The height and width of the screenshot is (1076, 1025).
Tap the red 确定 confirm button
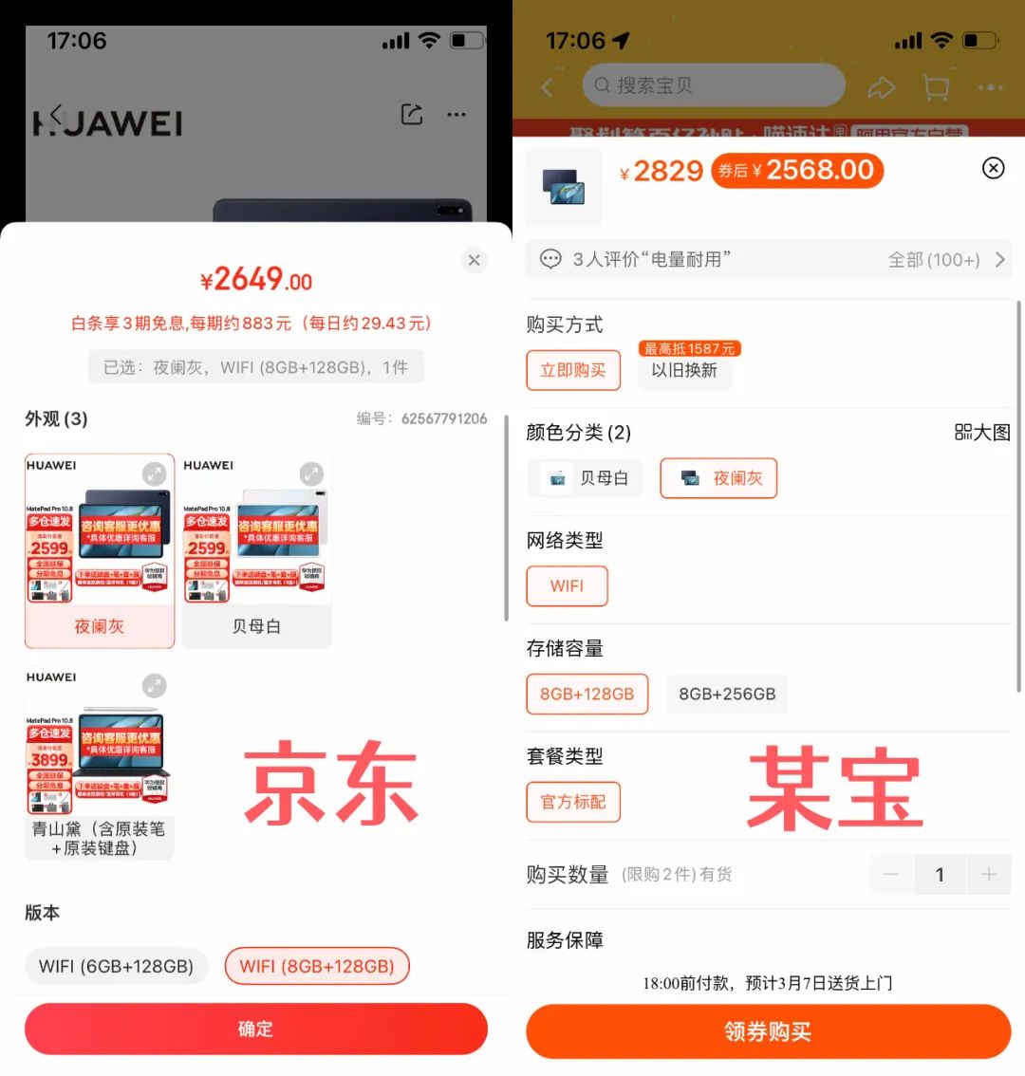[x=255, y=1030]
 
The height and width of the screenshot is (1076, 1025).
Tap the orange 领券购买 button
[x=768, y=1031]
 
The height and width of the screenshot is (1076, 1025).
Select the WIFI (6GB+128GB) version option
[x=116, y=966]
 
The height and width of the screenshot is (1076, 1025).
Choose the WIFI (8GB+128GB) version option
[x=317, y=966]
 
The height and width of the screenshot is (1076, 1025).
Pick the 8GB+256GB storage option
[x=727, y=694]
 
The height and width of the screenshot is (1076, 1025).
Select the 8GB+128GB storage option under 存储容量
[x=587, y=694]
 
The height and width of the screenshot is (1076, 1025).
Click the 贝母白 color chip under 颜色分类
[x=585, y=478]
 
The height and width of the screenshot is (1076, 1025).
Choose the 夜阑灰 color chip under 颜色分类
[x=718, y=478]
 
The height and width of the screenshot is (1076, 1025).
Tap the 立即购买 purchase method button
[x=573, y=370]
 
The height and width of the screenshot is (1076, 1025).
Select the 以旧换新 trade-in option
[x=684, y=370]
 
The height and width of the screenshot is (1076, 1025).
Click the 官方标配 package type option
[x=573, y=802]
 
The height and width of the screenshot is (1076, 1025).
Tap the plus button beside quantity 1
[x=989, y=875]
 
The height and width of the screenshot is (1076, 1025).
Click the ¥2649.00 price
[x=255, y=280]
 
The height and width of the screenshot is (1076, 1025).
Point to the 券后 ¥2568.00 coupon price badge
[x=797, y=171]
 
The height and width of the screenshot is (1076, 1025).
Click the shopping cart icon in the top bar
[x=936, y=87]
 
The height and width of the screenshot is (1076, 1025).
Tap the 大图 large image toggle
[x=982, y=433]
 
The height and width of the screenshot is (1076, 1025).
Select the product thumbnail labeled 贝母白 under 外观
[x=256, y=550]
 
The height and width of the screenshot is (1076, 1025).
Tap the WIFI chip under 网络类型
[x=567, y=586]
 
